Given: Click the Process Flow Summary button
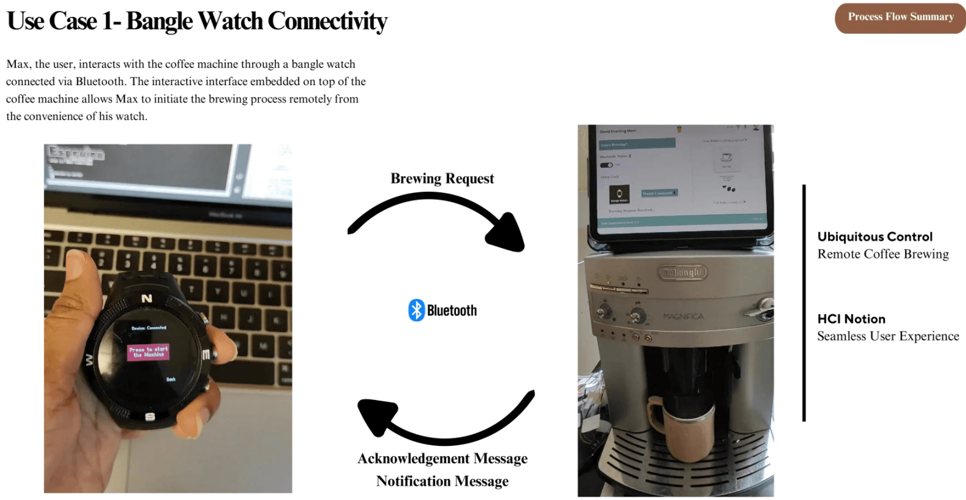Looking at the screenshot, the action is coord(900,18).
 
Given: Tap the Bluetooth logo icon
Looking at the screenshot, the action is coord(416,310).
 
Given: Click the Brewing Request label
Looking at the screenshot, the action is coord(442,178).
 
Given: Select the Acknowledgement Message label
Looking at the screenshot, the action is coord(442,459).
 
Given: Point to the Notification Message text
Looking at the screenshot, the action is coord(442,481).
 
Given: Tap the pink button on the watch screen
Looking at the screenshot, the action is coord(148,352).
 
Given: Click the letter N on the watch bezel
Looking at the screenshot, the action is coord(146,298).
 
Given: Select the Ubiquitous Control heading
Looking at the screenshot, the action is coord(875,237).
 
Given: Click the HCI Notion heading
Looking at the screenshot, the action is coord(851,319).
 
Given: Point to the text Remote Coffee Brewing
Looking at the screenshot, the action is coord(883,254).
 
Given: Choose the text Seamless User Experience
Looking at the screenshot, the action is coord(888,336).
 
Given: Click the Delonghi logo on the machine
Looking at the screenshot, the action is coord(682,273).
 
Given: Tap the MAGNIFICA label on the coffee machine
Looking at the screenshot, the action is coord(683,317).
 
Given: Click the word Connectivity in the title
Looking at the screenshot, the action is coord(327,21).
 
